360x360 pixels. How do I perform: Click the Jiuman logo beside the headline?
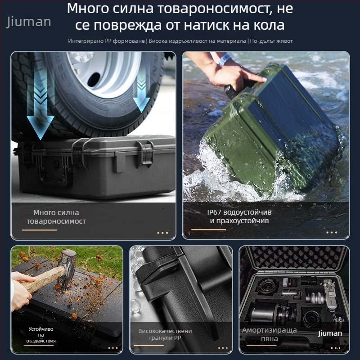pos(29,22)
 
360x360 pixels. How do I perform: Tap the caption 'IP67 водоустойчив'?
pos(239,212)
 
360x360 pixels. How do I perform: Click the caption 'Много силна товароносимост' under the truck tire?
pos(56,216)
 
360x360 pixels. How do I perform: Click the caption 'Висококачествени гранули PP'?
pos(165,334)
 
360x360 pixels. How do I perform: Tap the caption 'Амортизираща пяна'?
pos(270,334)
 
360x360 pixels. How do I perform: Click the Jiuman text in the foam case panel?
pos(330,333)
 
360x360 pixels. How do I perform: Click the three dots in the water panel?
pos(331,233)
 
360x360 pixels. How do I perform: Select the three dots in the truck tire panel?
pos(162,233)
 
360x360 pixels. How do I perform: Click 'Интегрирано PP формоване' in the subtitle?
pos(107,41)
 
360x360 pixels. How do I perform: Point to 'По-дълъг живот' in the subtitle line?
pos(271,41)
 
